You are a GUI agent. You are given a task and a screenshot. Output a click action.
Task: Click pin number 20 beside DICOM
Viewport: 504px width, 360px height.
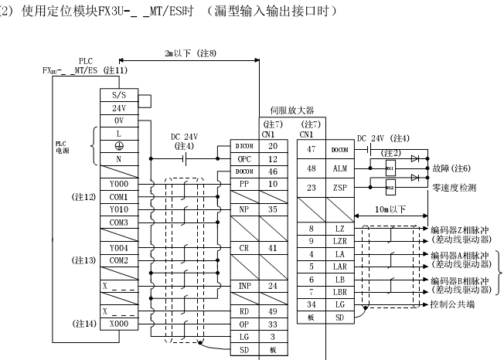click(272, 145)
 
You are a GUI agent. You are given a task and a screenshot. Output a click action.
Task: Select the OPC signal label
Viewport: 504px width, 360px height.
click(243, 158)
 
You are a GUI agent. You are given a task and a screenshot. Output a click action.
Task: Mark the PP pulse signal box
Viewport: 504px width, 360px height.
click(243, 184)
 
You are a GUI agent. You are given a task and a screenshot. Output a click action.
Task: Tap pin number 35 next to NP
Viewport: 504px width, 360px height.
click(272, 209)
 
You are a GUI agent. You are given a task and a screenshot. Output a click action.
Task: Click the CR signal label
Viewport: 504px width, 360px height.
click(243, 248)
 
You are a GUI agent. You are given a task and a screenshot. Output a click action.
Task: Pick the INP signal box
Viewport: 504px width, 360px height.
click(243, 287)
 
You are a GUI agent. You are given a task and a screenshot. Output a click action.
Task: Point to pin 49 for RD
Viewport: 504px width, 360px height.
click(272, 312)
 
